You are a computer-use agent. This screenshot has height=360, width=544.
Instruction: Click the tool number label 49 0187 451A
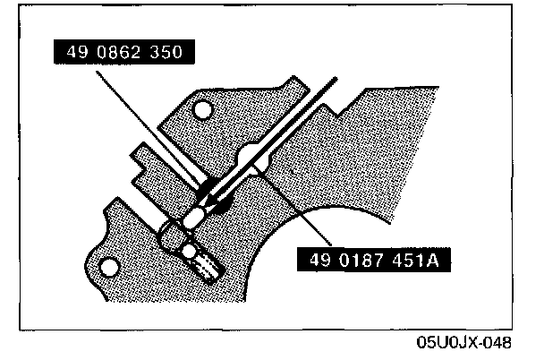375,261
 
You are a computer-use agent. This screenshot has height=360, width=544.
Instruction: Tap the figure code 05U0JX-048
463,343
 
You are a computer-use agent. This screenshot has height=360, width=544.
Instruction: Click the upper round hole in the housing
203,110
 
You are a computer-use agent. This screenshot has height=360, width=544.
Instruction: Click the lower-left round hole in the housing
109,266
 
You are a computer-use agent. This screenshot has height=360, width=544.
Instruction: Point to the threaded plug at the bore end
203,262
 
